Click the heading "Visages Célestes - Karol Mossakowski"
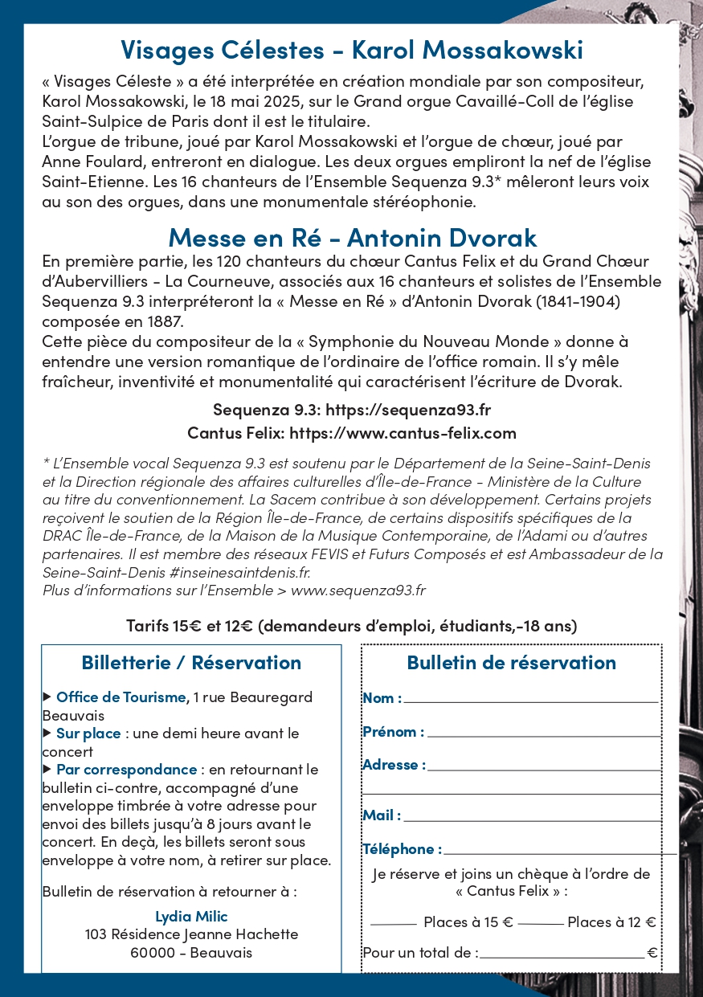coord(352,50)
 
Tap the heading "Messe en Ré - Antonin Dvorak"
coord(352,238)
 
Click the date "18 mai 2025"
coord(263,103)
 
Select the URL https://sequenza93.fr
coord(407,410)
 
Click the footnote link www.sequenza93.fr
coord(358,590)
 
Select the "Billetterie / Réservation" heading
coord(191,663)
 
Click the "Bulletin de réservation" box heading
coord(511,663)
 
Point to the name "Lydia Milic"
coord(191,917)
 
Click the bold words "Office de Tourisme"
coord(121,697)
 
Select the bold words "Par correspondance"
coord(126,770)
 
